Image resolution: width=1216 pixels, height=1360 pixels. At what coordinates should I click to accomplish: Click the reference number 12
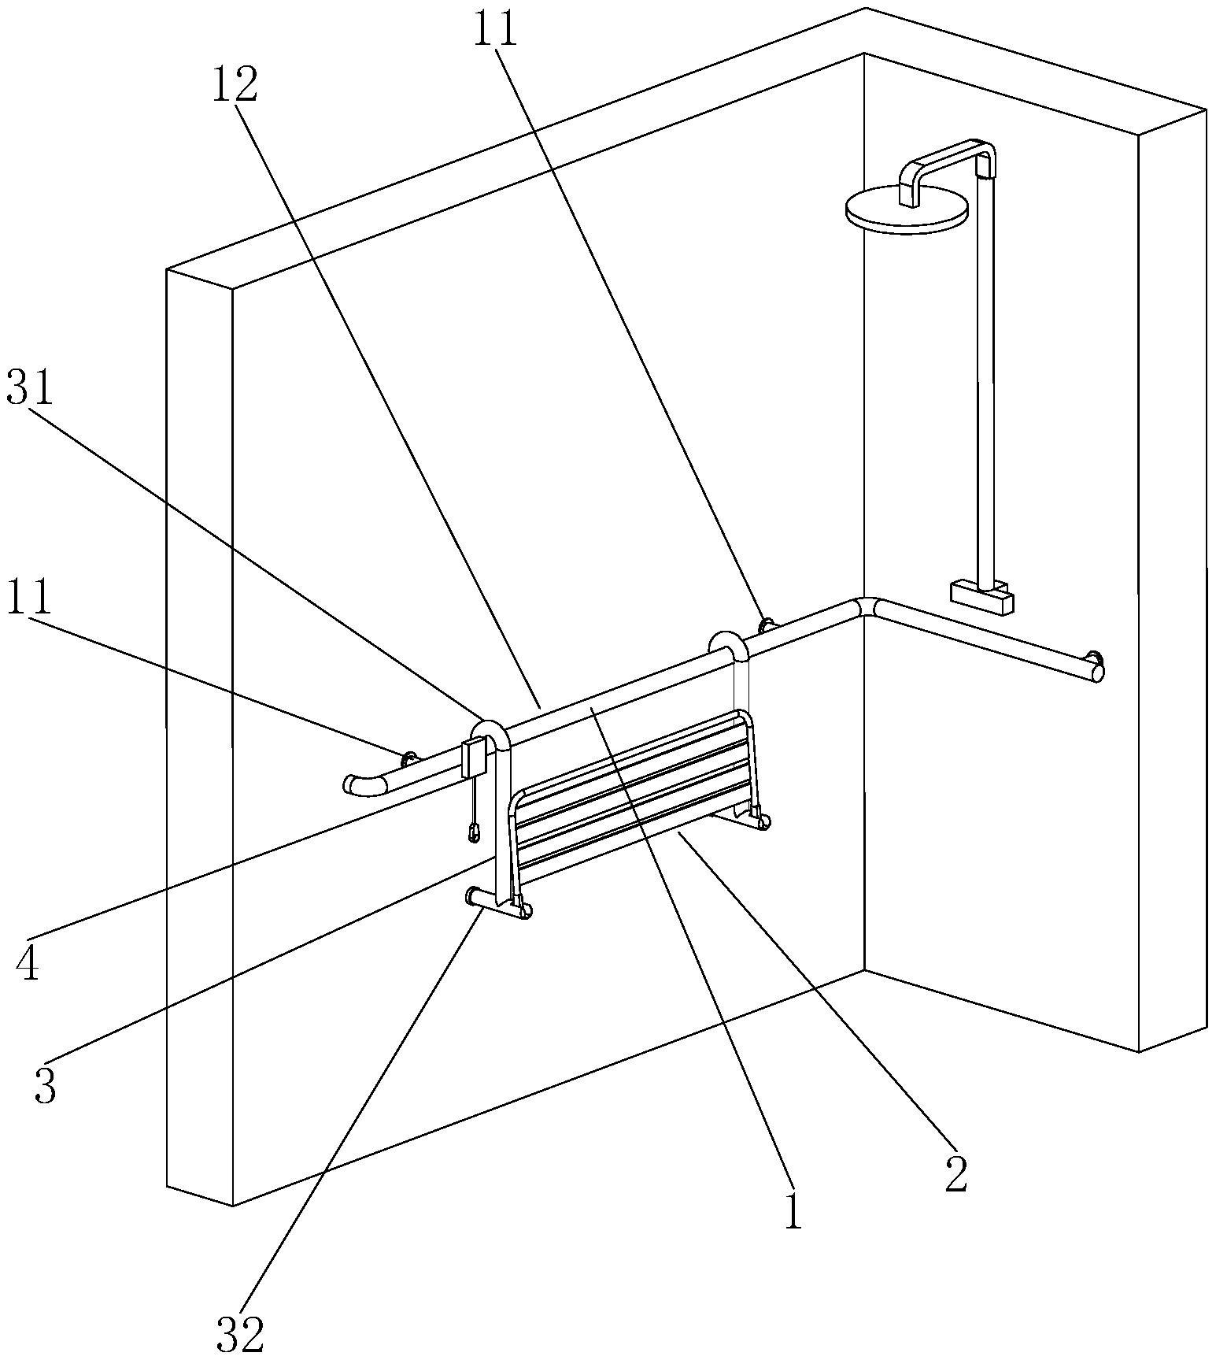pyautogui.click(x=234, y=85)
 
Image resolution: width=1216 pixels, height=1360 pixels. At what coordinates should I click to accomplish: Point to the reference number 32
pyautogui.click(x=240, y=1332)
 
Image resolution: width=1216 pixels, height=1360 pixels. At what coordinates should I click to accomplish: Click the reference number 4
pyautogui.click(x=28, y=963)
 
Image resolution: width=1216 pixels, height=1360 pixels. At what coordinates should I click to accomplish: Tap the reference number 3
pyautogui.click(x=46, y=1086)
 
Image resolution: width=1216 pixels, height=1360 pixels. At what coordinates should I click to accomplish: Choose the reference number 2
pyautogui.click(x=955, y=1173)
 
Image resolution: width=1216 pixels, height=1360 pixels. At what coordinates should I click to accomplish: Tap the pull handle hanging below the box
pyautogui.click(x=474, y=832)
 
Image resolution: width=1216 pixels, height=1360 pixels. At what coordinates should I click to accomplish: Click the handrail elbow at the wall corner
pyautogui.click(x=867, y=607)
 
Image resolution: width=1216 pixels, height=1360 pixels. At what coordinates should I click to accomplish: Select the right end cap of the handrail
pyautogui.click(x=1096, y=672)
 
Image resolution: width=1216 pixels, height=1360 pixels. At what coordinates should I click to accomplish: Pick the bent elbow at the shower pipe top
pyautogui.click(x=983, y=154)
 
